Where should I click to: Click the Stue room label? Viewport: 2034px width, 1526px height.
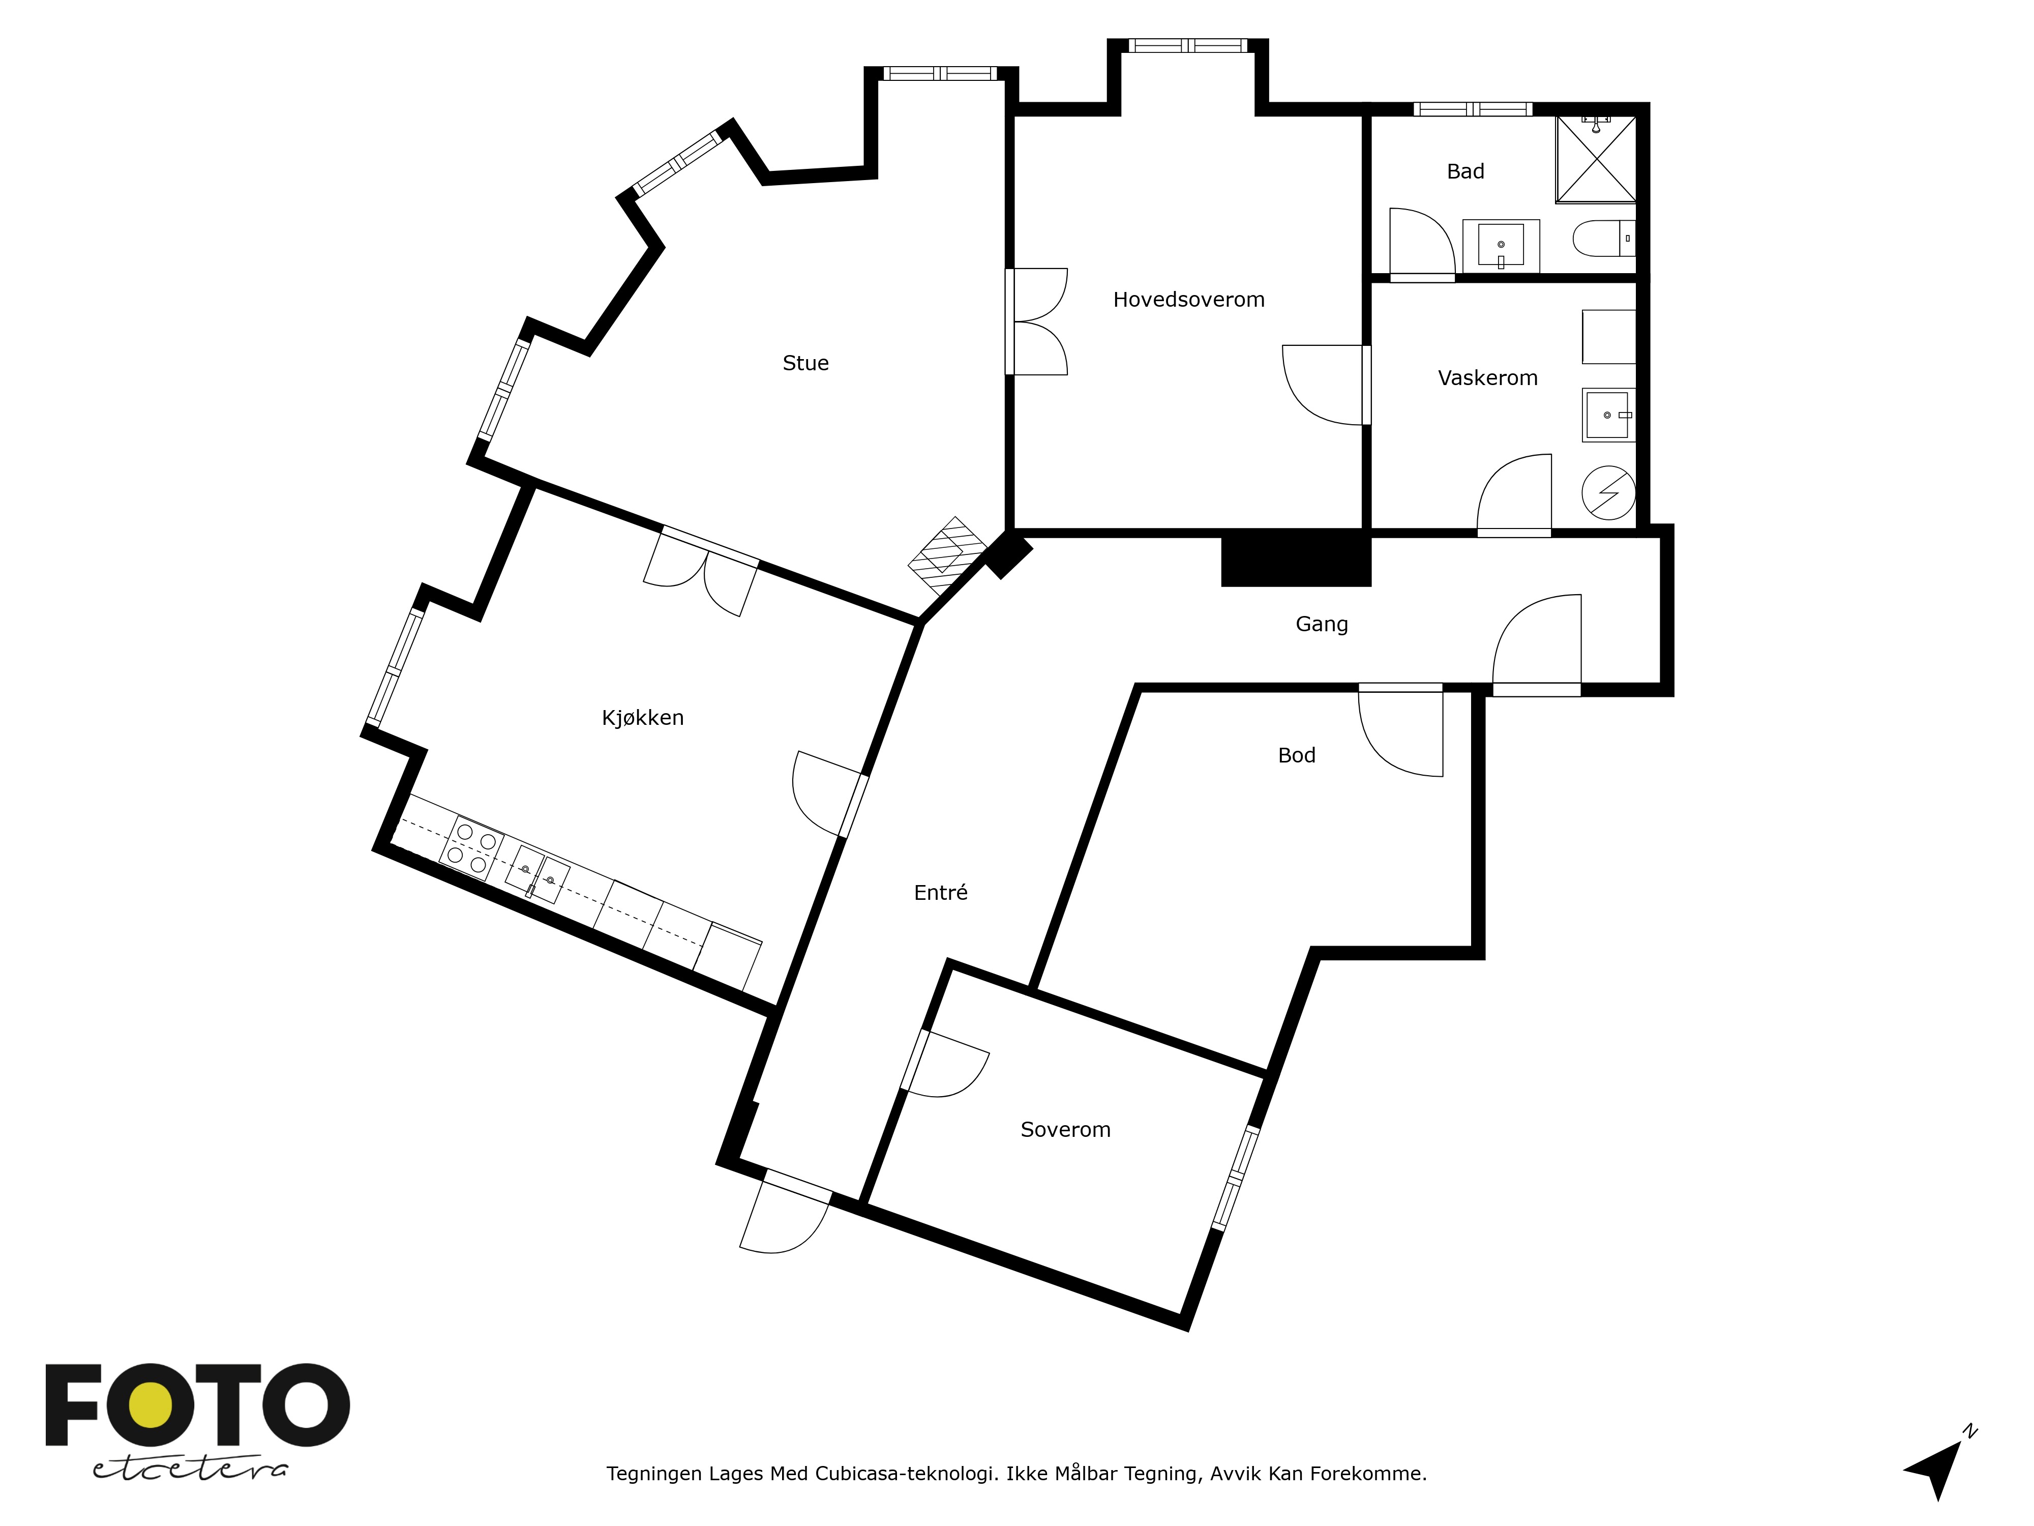805,363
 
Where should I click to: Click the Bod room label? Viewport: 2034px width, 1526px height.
1297,755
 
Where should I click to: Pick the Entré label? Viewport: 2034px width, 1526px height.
941,892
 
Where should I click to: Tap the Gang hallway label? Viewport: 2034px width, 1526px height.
1322,625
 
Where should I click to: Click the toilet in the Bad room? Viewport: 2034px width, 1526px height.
1605,238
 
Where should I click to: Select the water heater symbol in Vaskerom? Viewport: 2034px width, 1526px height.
1608,494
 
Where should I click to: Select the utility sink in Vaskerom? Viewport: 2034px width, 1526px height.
1608,415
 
